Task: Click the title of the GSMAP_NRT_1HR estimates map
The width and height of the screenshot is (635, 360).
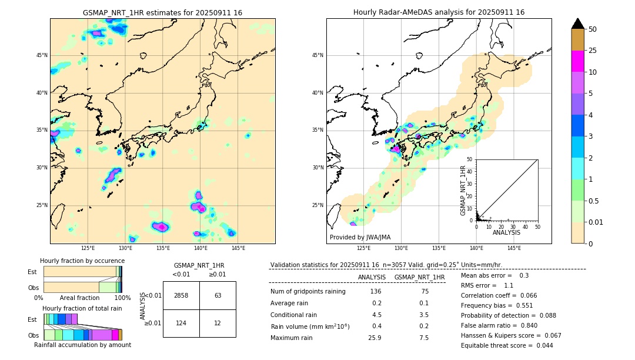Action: pyautogui.click(x=162, y=12)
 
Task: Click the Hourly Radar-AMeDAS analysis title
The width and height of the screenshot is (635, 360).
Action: pyautogui.click(x=439, y=12)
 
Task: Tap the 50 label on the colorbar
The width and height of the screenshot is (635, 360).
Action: pyautogui.click(x=593, y=29)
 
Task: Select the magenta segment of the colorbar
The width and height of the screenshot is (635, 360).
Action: pyautogui.click(x=577, y=61)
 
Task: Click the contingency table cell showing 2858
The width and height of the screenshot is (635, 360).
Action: pyautogui.click(x=181, y=295)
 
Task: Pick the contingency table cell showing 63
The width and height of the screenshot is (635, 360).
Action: pyautogui.click(x=218, y=295)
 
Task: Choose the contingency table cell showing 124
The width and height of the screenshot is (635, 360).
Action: pyautogui.click(x=181, y=323)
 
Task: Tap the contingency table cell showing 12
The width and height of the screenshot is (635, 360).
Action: pyautogui.click(x=218, y=323)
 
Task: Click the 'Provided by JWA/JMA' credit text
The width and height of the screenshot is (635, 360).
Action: pyautogui.click(x=360, y=237)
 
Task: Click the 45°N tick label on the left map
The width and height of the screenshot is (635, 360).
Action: pyautogui.click(x=42, y=55)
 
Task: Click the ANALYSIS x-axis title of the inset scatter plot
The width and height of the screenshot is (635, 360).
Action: pyautogui.click(x=506, y=232)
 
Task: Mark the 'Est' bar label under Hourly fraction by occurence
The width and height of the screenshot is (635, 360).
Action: pyautogui.click(x=32, y=272)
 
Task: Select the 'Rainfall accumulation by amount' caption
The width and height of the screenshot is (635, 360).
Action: pyautogui.click(x=82, y=345)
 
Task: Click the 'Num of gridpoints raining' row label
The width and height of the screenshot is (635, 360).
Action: pyautogui.click(x=308, y=292)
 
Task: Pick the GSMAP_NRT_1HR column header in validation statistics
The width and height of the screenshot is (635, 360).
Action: pyautogui.click(x=419, y=277)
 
